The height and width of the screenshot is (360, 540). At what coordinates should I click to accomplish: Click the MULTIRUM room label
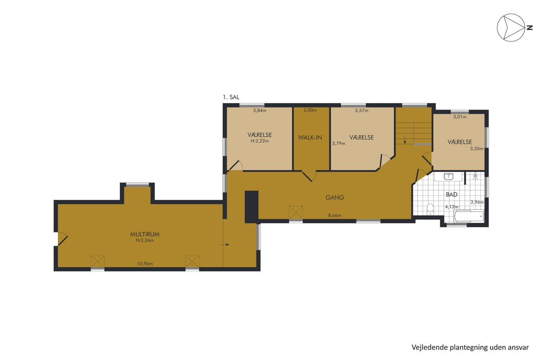click(x=145, y=234)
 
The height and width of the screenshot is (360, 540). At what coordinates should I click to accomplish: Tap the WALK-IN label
click(x=310, y=137)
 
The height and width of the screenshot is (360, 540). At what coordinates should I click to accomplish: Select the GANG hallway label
click(x=335, y=198)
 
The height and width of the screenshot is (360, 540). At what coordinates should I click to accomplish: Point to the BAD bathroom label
click(x=451, y=194)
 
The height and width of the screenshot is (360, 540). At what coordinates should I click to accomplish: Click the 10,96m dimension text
click(x=145, y=264)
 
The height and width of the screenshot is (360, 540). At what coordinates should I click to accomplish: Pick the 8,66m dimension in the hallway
click(x=335, y=215)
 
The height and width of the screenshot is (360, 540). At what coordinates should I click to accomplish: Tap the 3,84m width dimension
click(x=260, y=111)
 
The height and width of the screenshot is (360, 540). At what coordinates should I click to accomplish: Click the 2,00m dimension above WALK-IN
click(x=310, y=110)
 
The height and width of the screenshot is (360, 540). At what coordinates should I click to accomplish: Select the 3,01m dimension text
click(x=460, y=117)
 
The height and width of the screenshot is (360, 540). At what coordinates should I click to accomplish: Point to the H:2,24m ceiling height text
click(x=145, y=240)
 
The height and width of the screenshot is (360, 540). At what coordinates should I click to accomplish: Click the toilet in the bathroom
click(x=430, y=209)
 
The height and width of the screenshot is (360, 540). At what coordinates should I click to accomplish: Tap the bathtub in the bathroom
click(x=469, y=216)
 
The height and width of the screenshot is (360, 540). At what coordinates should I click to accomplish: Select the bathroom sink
click(x=448, y=176)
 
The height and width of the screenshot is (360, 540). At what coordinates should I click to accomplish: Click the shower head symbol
click(x=475, y=177)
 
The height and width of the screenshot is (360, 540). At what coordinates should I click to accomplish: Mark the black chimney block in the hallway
click(x=252, y=207)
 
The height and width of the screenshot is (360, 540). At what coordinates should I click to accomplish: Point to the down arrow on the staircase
click(x=405, y=139)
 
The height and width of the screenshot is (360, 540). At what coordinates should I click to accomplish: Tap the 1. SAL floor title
click(x=231, y=97)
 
